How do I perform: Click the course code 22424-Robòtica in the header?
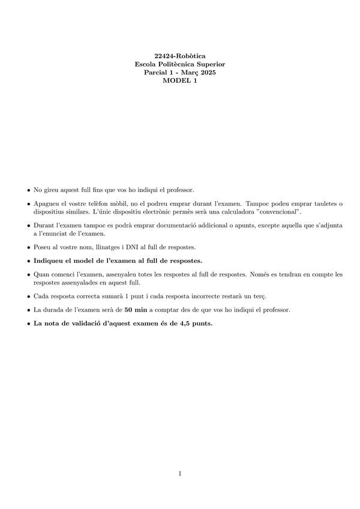180,55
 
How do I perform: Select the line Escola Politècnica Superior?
180,64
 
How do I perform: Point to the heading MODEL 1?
180,81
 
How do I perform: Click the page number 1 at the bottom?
180,474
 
